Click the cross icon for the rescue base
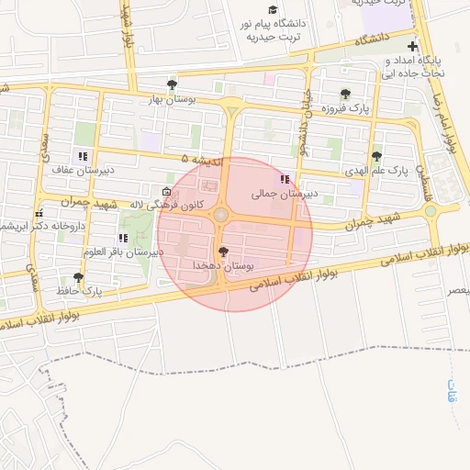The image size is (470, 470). coord(413,47)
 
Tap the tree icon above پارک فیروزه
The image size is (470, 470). coord(345,94)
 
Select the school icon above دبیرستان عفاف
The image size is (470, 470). coord(84,156)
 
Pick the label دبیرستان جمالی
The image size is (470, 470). coord(285,194)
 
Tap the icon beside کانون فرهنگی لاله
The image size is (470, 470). coord(166,190)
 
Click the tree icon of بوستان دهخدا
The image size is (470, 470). coord(223,251)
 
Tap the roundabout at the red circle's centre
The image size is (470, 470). coord(223,216)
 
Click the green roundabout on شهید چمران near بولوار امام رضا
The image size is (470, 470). coord(431,212)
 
